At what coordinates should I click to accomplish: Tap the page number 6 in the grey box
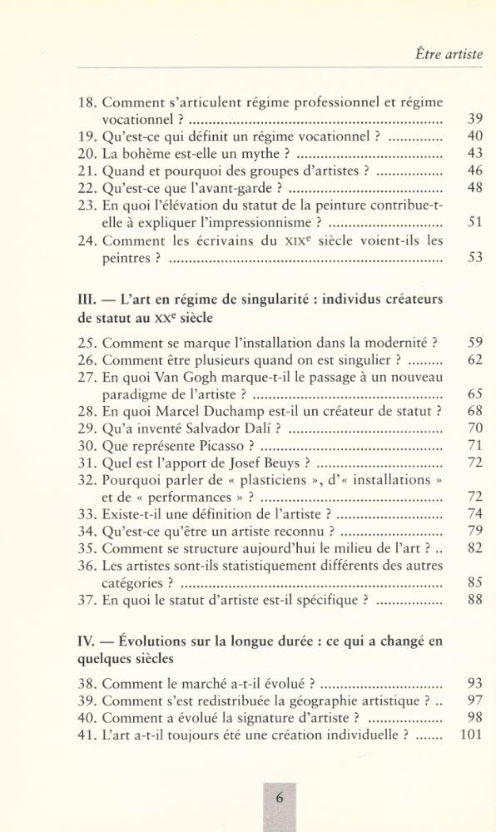280,797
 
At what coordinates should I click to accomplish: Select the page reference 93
475,683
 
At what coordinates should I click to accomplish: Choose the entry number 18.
88,104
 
